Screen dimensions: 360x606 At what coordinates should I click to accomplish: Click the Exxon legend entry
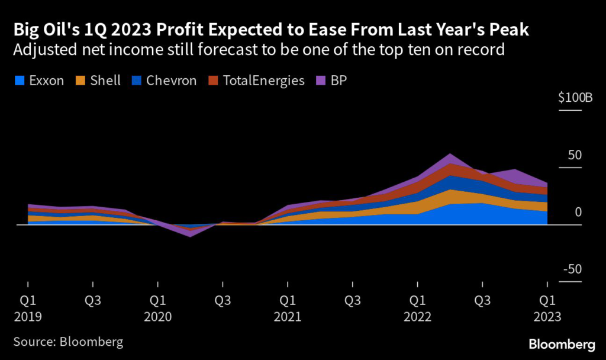click(x=40, y=81)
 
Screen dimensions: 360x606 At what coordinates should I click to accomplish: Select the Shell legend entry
click(x=100, y=81)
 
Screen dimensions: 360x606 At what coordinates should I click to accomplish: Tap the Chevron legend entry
click(x=164, y=81)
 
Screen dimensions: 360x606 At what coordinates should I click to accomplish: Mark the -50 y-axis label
click(x=573, y=270)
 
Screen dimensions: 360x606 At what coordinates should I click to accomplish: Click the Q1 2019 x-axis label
click(x=28, y=308)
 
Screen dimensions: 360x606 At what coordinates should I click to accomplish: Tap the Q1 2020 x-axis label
click(x=157, y=308)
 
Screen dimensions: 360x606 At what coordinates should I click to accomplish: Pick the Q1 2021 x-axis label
click(x=287, y=308)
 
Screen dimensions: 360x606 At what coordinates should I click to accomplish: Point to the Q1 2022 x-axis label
click(x=417, y=308)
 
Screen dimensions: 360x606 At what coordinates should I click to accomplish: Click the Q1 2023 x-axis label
click(x=547, y=308)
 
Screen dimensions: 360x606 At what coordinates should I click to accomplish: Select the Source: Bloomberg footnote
click(x=68, y=342)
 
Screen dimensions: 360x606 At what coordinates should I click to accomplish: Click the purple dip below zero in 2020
click(x=190, y=234)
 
